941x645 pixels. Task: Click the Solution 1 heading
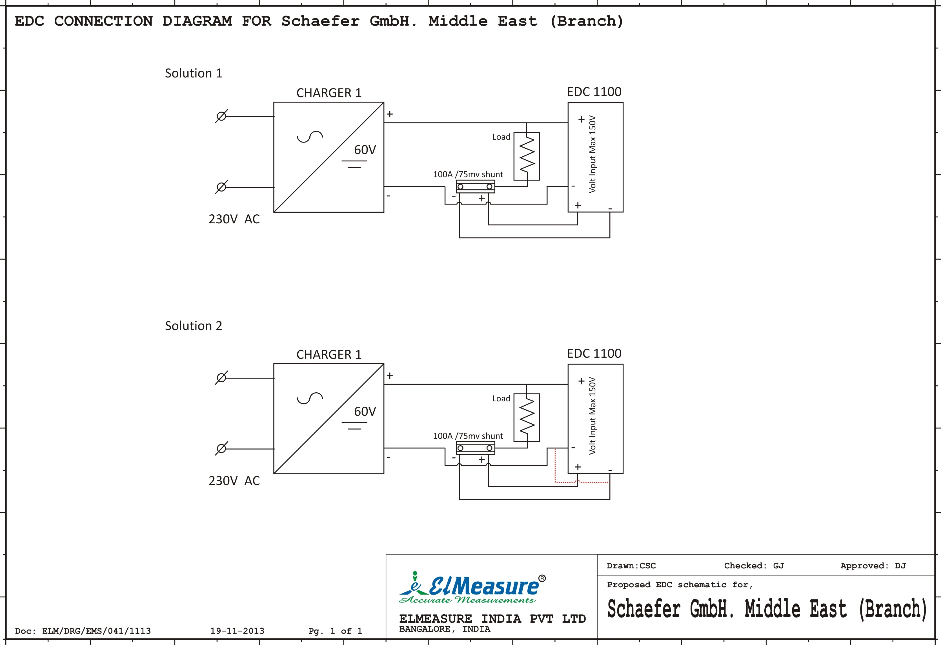click(x=194, y=73)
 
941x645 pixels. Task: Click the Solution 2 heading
click(x=194, y=326)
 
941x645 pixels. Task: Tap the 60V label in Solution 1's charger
click(x=365, y=150)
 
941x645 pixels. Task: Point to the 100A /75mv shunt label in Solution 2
click(x=468, y=436)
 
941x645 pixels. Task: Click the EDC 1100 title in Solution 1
click(x=594, y=92)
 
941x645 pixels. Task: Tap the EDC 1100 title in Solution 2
click(x=594, y=353)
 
